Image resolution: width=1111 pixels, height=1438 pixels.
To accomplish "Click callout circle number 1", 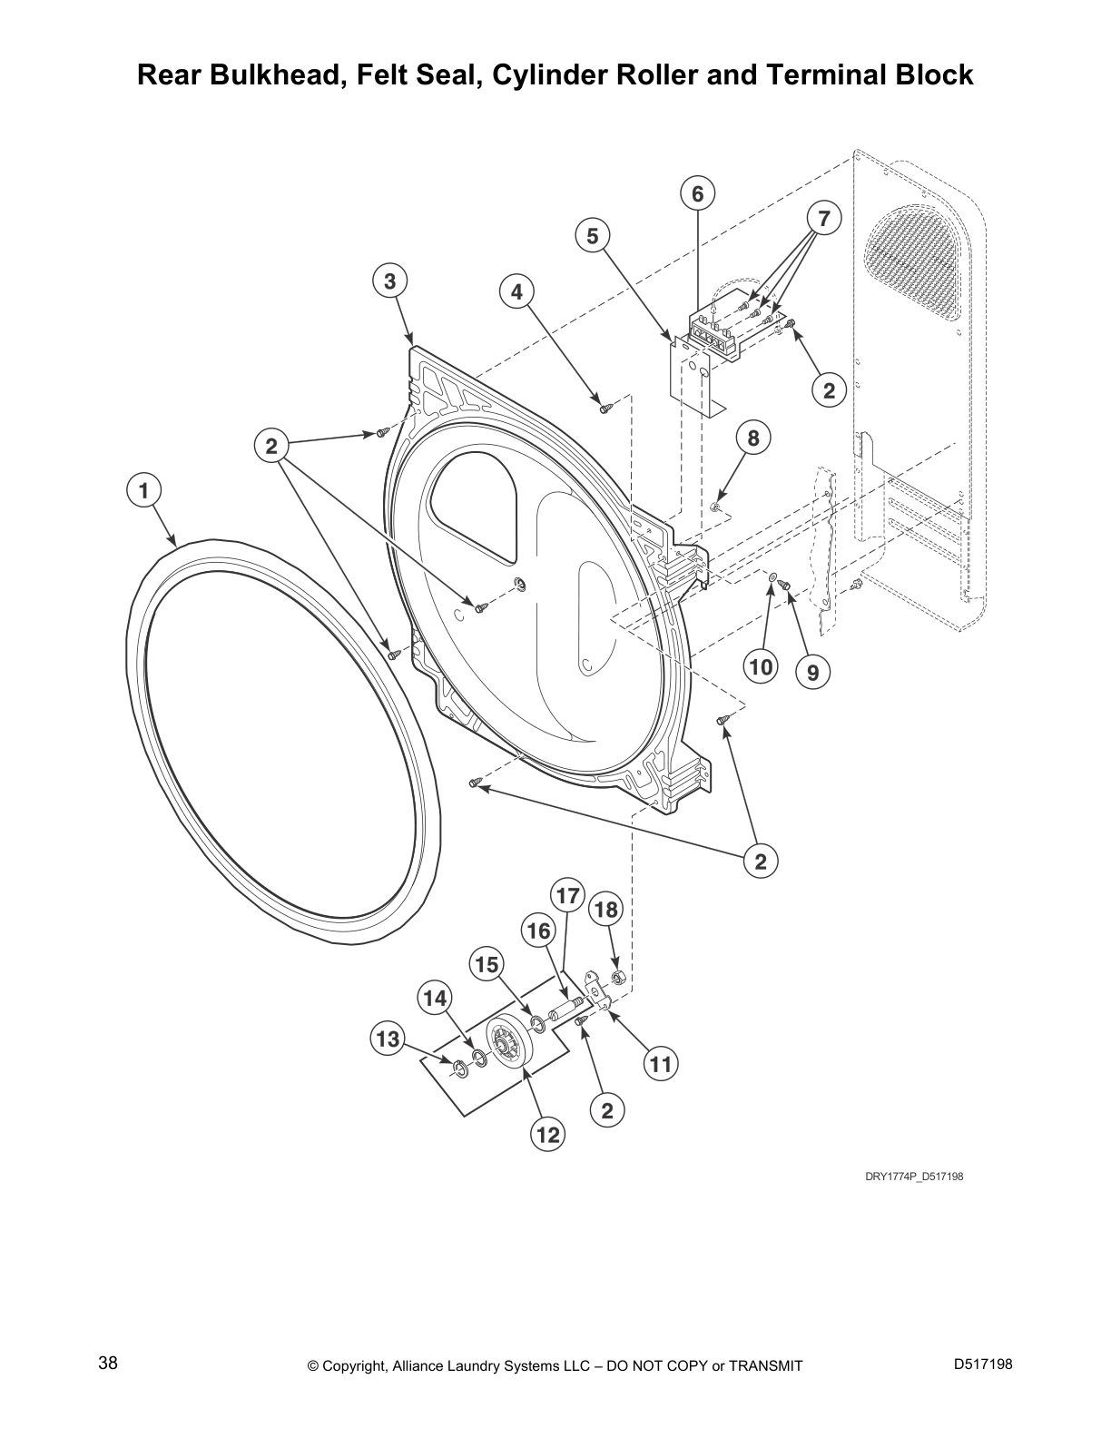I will point(143,491).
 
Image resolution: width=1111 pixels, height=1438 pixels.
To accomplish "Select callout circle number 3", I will point(389,281).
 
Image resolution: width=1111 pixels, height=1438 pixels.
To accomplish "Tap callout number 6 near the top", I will point(697,193).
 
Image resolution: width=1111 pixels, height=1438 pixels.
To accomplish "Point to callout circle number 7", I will point(823,218).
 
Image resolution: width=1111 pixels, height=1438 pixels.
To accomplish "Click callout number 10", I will point(761,667).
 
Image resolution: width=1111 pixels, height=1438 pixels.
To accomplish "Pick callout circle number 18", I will point(605,910).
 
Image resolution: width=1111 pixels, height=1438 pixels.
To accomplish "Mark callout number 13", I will point(388,1039).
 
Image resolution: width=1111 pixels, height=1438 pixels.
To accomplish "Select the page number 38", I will point(108,1363).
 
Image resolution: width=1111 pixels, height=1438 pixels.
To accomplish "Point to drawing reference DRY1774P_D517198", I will point(913,1177).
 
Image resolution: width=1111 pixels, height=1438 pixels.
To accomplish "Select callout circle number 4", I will point(516,291).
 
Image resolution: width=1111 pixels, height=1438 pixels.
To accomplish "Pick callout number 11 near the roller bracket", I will point(661,1063).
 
